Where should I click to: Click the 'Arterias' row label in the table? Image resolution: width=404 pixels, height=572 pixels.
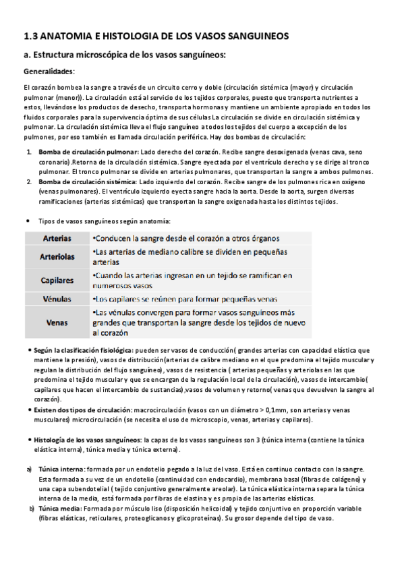(57, 239)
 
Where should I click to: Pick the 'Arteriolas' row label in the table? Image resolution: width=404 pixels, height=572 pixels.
(57, 257)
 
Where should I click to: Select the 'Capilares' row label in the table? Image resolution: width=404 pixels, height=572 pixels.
(57, 280)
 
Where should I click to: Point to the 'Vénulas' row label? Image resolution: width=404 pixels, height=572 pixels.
(57, 298)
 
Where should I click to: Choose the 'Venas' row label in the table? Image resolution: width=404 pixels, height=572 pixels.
(57, 322)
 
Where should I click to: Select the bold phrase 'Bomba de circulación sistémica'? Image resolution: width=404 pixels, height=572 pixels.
(88, 183)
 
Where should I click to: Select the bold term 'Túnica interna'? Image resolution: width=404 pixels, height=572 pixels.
(61, 469)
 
